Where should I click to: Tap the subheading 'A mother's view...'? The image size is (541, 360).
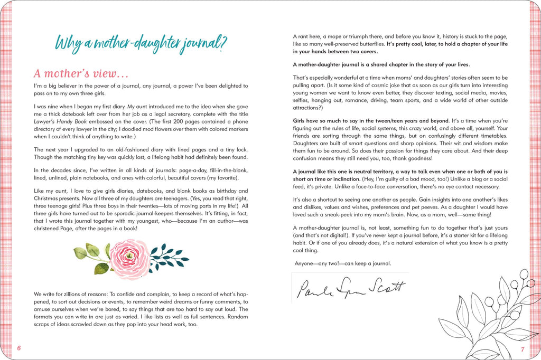[x=81, y=73]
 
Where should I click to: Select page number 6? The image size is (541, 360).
[x=18, y=348]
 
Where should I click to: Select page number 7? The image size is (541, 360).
[x=522, y=349]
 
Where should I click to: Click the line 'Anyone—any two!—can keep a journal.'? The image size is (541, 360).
[x=343, y=263]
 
